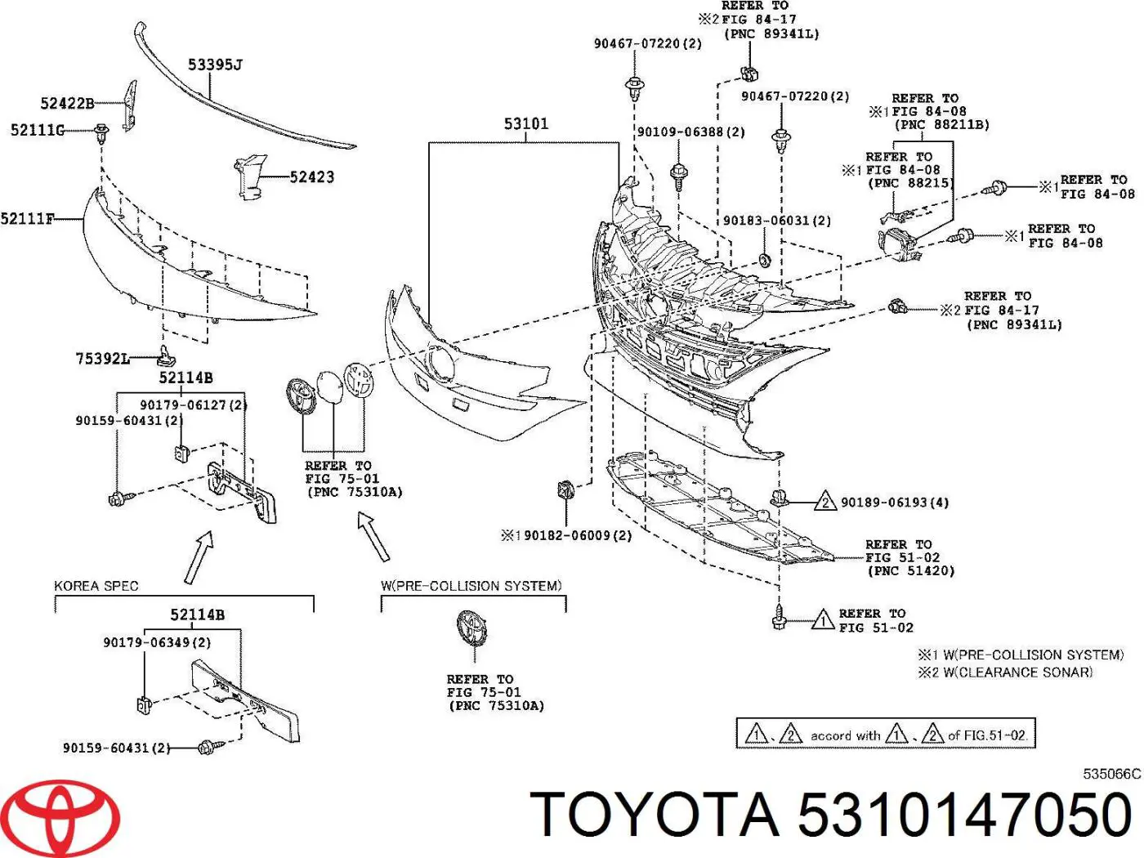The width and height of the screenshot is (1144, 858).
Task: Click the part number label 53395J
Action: tap(215, 65)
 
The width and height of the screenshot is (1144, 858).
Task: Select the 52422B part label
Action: tap(67, 103)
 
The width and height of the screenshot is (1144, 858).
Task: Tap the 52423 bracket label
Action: tap(311, 177)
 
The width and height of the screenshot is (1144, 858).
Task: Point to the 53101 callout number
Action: tap(525, 124)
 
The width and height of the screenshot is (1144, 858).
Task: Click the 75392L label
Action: tap(102, 358)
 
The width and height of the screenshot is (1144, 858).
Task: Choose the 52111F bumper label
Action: tap(28, 218)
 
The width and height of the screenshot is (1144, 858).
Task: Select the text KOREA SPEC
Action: tap(96, 586)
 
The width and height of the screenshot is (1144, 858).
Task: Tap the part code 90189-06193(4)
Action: tap(895, 503)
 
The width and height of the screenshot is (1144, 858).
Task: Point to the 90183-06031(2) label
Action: tap(777, 221)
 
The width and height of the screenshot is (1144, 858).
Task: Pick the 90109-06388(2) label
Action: tap(690, 132)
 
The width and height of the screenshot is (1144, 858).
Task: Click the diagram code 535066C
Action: tap(1111, 774)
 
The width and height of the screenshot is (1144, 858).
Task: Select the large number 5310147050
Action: tap(964, 816)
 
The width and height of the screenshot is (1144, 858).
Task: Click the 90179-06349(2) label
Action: tap(157, 642)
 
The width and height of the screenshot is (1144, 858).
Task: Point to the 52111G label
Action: tap(37, 130)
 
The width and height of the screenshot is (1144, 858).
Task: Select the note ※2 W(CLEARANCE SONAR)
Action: tap(1005, 673)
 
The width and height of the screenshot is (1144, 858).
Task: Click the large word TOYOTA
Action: tap(655, 816)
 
